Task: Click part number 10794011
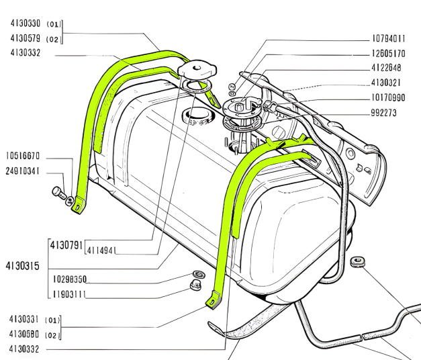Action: coord(389,38)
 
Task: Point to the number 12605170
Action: coord(389,53)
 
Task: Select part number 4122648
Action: coord(389,68)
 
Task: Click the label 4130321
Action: coord(389,83)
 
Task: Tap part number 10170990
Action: coord(389,98)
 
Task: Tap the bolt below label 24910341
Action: coord(59,194)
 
